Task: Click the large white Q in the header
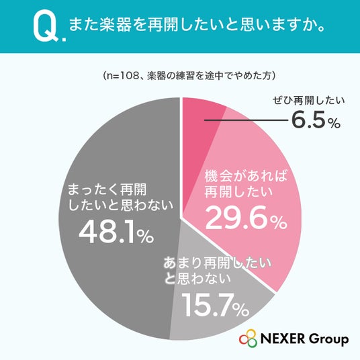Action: (46, 27)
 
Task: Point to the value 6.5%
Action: (316, 120)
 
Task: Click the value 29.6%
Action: (246, 218)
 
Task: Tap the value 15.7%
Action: (215, 305)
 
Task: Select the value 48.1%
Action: (116, 232)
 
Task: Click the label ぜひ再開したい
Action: (308, 101)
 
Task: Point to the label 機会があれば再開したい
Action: (246, 184)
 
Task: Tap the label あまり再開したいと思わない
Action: (217, 271)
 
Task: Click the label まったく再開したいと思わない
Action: (120, 197)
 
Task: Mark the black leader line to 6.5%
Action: (246, 120)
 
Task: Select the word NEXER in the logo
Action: (283, 339)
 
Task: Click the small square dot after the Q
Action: (64, 40)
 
